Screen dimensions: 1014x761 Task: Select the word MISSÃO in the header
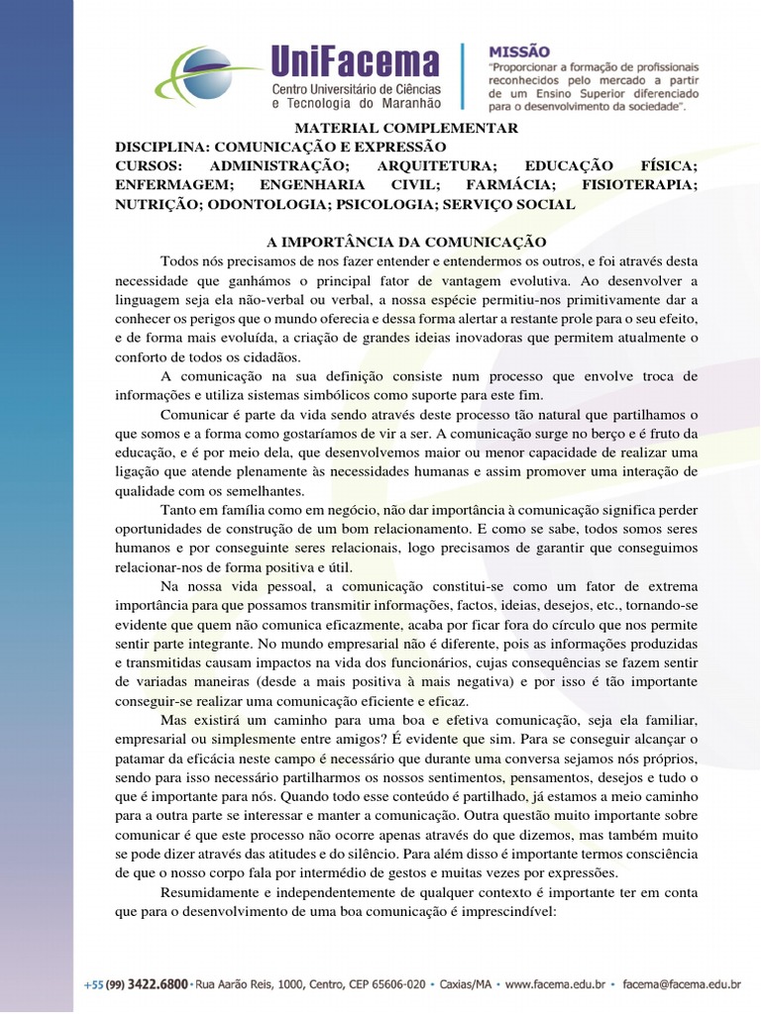coord(519,51)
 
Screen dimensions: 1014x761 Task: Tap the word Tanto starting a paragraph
coord(178,509)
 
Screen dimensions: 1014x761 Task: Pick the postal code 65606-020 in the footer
coord(389,984)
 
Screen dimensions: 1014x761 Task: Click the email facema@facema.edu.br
coord(683,984)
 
